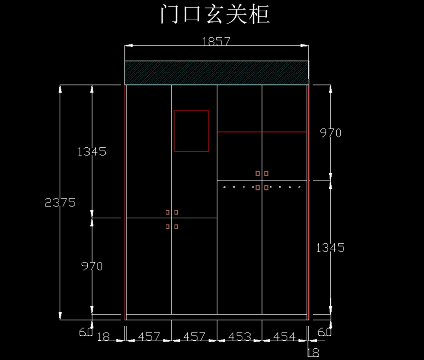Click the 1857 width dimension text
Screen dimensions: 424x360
[x=216, y=41]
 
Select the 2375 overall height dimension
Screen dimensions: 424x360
[x=60, y=202]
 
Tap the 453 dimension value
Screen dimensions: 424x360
[x=240, y=337]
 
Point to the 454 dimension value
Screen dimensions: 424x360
[x=284, y=337]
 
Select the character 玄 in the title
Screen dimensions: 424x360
[x=215, y=14]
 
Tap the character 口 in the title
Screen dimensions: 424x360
[x=192, y=14]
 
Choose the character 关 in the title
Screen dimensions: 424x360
[x=237, y=14]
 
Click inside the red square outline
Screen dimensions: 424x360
[x=191, y=131]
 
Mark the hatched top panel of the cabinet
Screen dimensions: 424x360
[x=217, y=73]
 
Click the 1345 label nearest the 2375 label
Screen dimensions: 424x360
[x=92, y=152]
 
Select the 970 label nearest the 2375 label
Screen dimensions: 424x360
[x=92, y=266]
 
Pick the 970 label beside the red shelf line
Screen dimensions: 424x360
[x=331, y=133]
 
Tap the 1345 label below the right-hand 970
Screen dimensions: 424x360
[x=330, y=248]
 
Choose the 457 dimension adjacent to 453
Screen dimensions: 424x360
[x=194, y=337]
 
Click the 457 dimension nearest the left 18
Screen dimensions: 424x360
[x=149, y=337]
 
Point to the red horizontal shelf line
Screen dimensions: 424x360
[x=262, y=132]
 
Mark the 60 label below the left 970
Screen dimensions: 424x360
[x=86, y=332]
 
